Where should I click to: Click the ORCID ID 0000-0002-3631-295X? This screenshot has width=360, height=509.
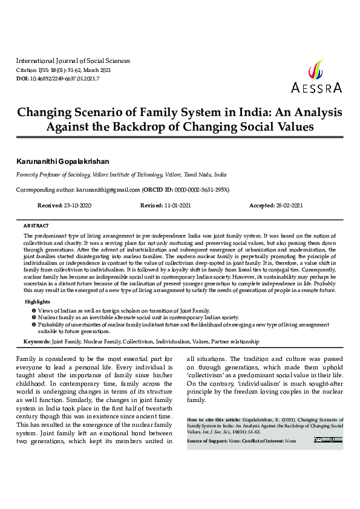[198, 189]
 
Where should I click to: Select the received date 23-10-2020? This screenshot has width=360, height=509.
[77, 206]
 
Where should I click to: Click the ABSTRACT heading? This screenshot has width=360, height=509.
[36, 225]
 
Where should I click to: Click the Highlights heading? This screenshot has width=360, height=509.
[38, 302]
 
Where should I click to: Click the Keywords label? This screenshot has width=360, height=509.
[36, 342]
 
